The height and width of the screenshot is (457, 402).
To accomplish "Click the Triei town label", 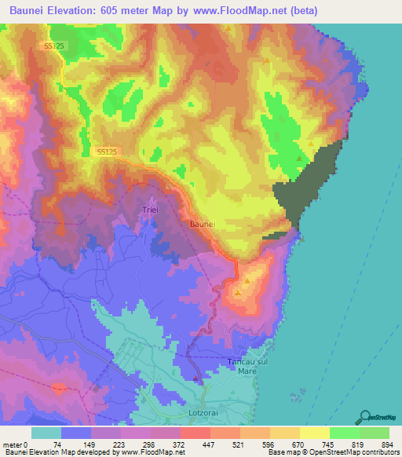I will [x=150, y=210].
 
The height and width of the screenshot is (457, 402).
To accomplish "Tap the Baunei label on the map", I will [x=203, y=224].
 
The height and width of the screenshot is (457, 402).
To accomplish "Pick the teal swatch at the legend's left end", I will [x=46, y=433].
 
